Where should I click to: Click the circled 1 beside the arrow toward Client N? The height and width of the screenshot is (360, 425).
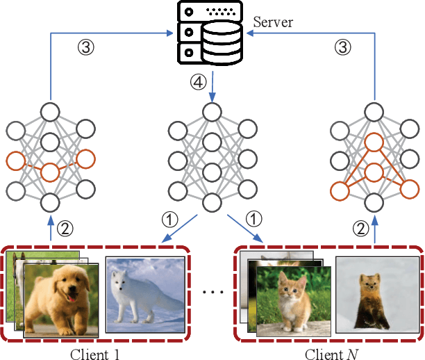pyautogui.click(x=256, y=219)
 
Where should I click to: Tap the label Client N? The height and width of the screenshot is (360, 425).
pyautogui.click(x=328, y=352)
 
